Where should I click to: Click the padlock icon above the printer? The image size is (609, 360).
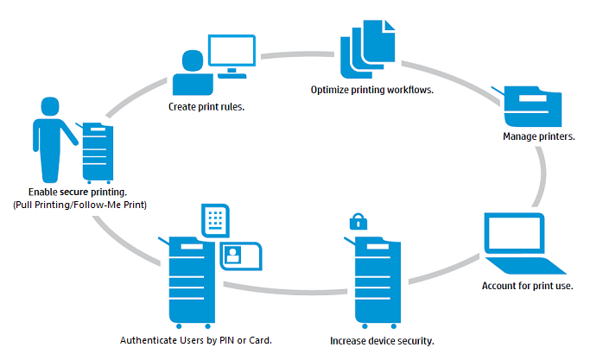[x=357, y=222]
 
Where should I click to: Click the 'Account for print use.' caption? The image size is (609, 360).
[x=527, y=286]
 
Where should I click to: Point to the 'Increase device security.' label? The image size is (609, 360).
[x=382, y=340]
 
